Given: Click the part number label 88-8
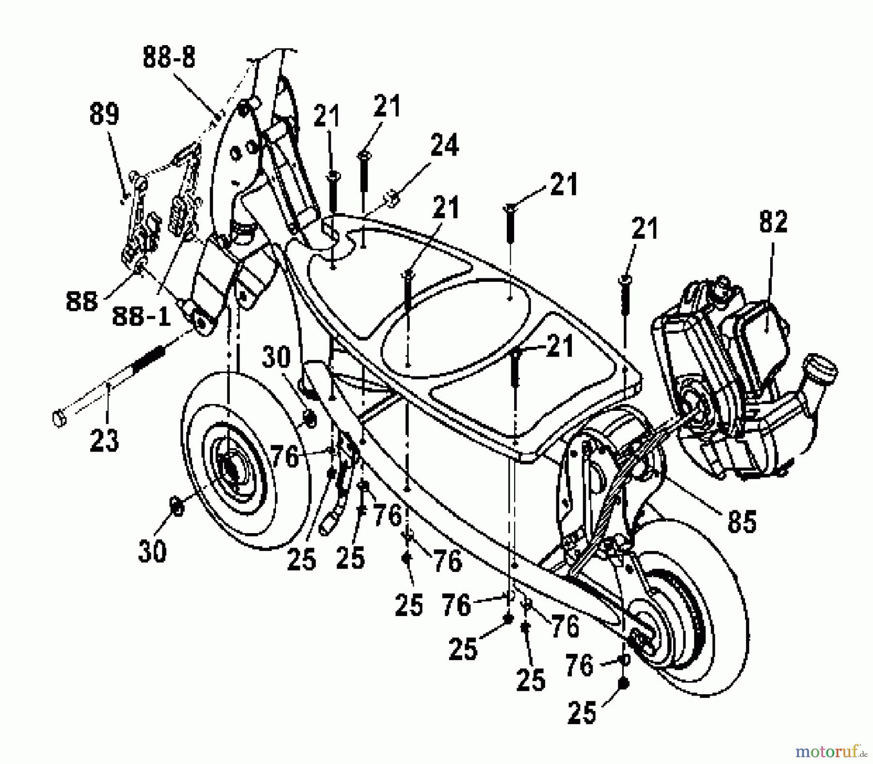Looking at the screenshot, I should [169, 58].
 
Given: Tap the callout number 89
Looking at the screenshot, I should [104, 115].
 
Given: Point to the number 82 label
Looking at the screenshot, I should [773, 222].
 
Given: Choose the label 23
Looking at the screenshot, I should [104, 440].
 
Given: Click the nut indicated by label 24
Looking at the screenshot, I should [391, 198].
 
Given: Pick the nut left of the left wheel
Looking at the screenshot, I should [177, 506].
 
